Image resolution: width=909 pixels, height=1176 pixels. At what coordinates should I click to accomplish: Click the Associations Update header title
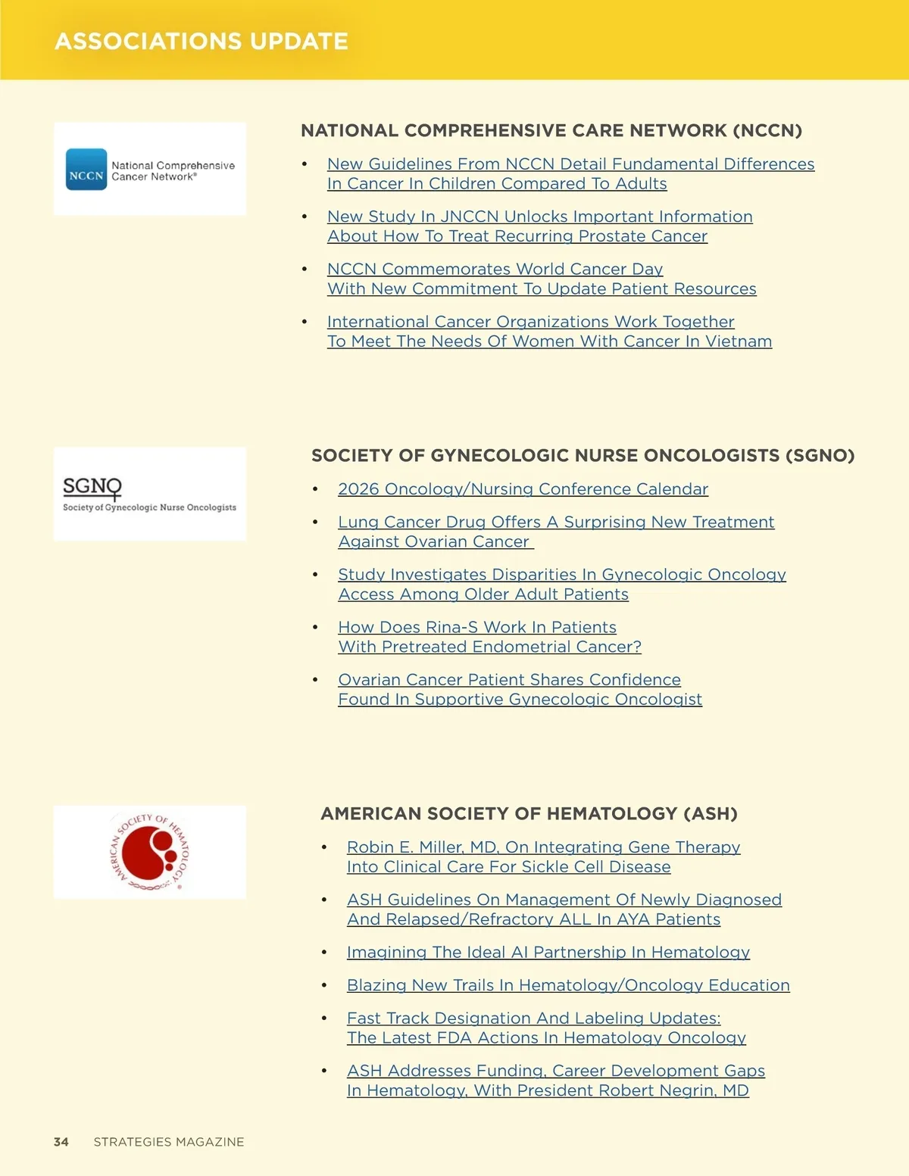(201, 41)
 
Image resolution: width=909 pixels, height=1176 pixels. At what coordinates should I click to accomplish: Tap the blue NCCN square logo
(86, 170)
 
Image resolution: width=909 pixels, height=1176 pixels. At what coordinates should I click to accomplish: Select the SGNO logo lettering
(92, 486)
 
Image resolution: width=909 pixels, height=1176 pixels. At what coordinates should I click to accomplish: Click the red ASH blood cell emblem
(150, 852)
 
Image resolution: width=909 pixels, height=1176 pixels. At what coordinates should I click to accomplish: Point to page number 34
(61, 1142)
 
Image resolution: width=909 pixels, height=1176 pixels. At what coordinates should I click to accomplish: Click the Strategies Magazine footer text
(169, 1142)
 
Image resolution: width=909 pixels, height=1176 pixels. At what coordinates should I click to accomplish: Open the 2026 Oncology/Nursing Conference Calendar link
(523, 489)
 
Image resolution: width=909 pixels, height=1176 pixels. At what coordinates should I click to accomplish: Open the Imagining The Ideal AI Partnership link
(548, 953)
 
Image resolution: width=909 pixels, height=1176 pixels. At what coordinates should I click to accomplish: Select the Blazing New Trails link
(567, 985)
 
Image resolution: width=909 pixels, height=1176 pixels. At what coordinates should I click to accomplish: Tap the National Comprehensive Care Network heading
(551, 130)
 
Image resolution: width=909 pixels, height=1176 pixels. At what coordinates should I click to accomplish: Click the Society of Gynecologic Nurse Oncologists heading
(583, 455)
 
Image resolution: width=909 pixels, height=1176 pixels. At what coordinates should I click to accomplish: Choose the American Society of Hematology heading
(529, 813)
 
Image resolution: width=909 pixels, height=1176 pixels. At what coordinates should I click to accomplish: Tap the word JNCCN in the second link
(469, 217)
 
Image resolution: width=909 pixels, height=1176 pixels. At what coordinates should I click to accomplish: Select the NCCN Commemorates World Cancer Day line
(495, 270)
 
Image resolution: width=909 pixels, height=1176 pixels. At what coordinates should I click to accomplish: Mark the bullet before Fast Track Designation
(324, 1018)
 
